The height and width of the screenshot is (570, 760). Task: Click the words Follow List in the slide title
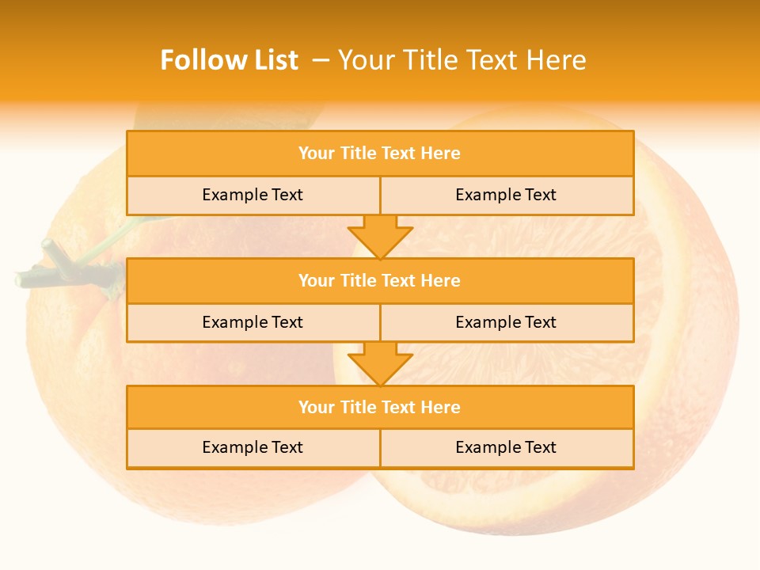(x=229, y=60)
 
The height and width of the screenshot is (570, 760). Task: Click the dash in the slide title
(x=321, y=60)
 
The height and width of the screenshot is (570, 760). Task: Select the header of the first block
(x=380, y=154)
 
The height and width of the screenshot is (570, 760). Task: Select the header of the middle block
(x=380, y=280)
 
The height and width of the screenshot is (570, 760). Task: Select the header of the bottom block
(x=380, y=407)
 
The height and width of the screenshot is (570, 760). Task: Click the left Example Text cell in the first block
(x=253, y=195)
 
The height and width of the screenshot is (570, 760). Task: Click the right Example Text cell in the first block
(x=506, y=195)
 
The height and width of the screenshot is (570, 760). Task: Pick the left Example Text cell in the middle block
(x=253, y=322)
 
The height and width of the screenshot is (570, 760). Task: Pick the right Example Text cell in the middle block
(x=506, y=322)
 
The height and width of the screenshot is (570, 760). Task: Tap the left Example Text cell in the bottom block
(x=253, y=447)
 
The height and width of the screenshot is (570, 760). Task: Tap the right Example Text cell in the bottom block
(x=506, y=447)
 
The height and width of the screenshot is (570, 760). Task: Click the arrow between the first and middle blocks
(x=380, y=237)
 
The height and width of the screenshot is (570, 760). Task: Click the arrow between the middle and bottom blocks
(x=380, y=364)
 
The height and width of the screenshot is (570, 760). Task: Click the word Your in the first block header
(x=317, y=154)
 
